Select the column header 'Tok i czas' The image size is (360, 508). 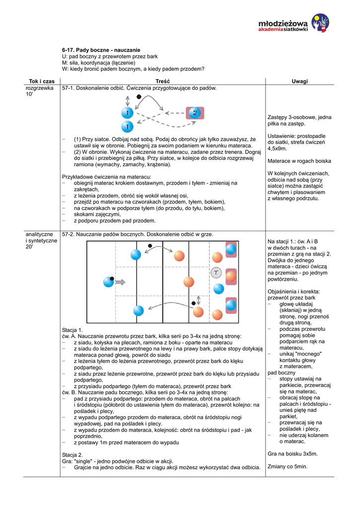pos(42,81)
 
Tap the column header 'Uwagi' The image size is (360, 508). pos(299,81)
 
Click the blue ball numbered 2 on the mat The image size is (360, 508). pos(195,113)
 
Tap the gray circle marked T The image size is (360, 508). pos(216,272)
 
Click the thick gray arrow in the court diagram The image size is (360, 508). pos(120,282)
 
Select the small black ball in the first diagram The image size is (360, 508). pos(139,96)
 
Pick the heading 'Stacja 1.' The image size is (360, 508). pos(72,330)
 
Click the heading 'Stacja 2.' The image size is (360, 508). pos(72,454)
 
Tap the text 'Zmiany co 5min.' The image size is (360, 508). pos(288,466)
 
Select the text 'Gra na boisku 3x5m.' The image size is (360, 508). pos(292,453)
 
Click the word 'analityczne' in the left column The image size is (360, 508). pos(39,234)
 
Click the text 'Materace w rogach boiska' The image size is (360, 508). pos(299,161)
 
